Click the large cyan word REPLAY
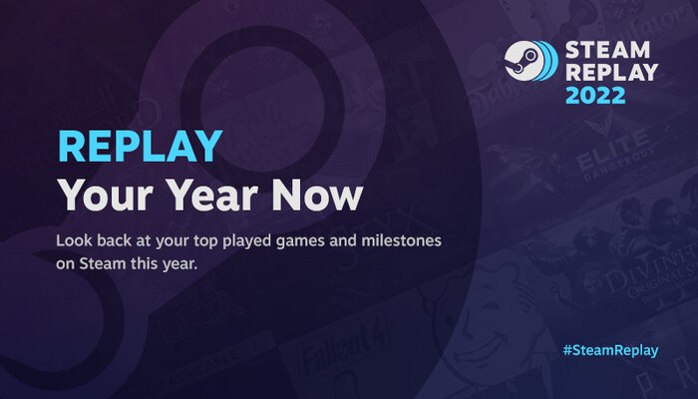[140, 147]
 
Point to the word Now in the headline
[322, 195]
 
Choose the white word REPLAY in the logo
[611, 73]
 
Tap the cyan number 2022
[595, 97]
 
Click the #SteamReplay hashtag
[609, 351]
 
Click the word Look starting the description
[75, 242]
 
